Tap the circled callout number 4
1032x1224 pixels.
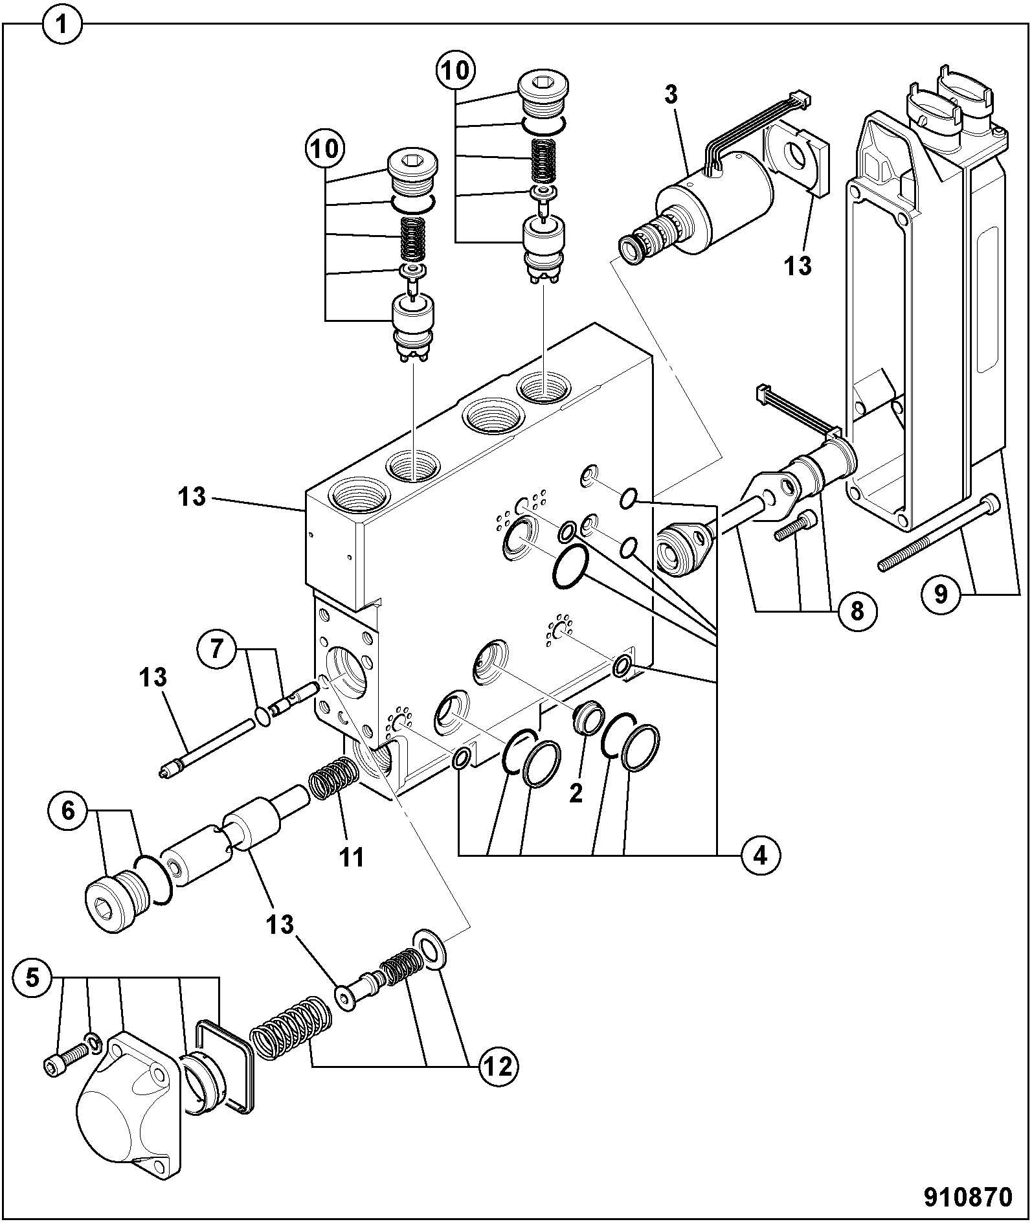point(759,856)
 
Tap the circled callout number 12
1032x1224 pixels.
point(498,1065)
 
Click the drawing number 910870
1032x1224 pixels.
point(967,1197)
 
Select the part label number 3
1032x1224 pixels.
point(671,95)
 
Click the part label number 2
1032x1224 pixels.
point(576,794)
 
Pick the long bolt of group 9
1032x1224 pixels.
point(939,534)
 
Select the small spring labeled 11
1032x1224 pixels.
point(333,778)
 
